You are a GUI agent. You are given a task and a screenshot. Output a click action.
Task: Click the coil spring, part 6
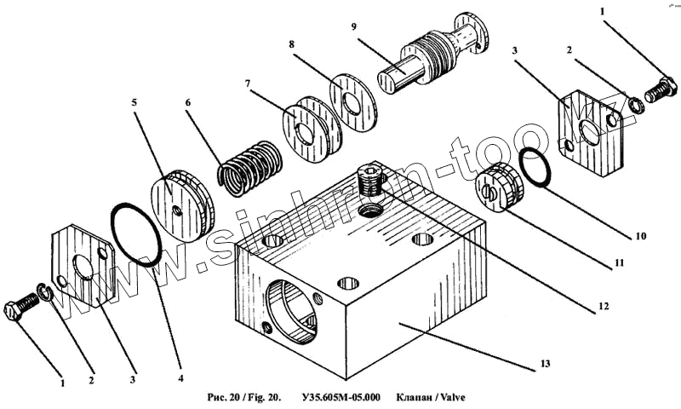coord(249,167)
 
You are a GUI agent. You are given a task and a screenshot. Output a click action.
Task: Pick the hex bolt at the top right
coord(661,89)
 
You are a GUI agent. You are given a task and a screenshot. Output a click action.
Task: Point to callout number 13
coord(546,365)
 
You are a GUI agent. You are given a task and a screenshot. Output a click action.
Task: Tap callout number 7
coord(248,84)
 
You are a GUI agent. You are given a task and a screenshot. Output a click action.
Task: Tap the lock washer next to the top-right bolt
coord(635,105)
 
